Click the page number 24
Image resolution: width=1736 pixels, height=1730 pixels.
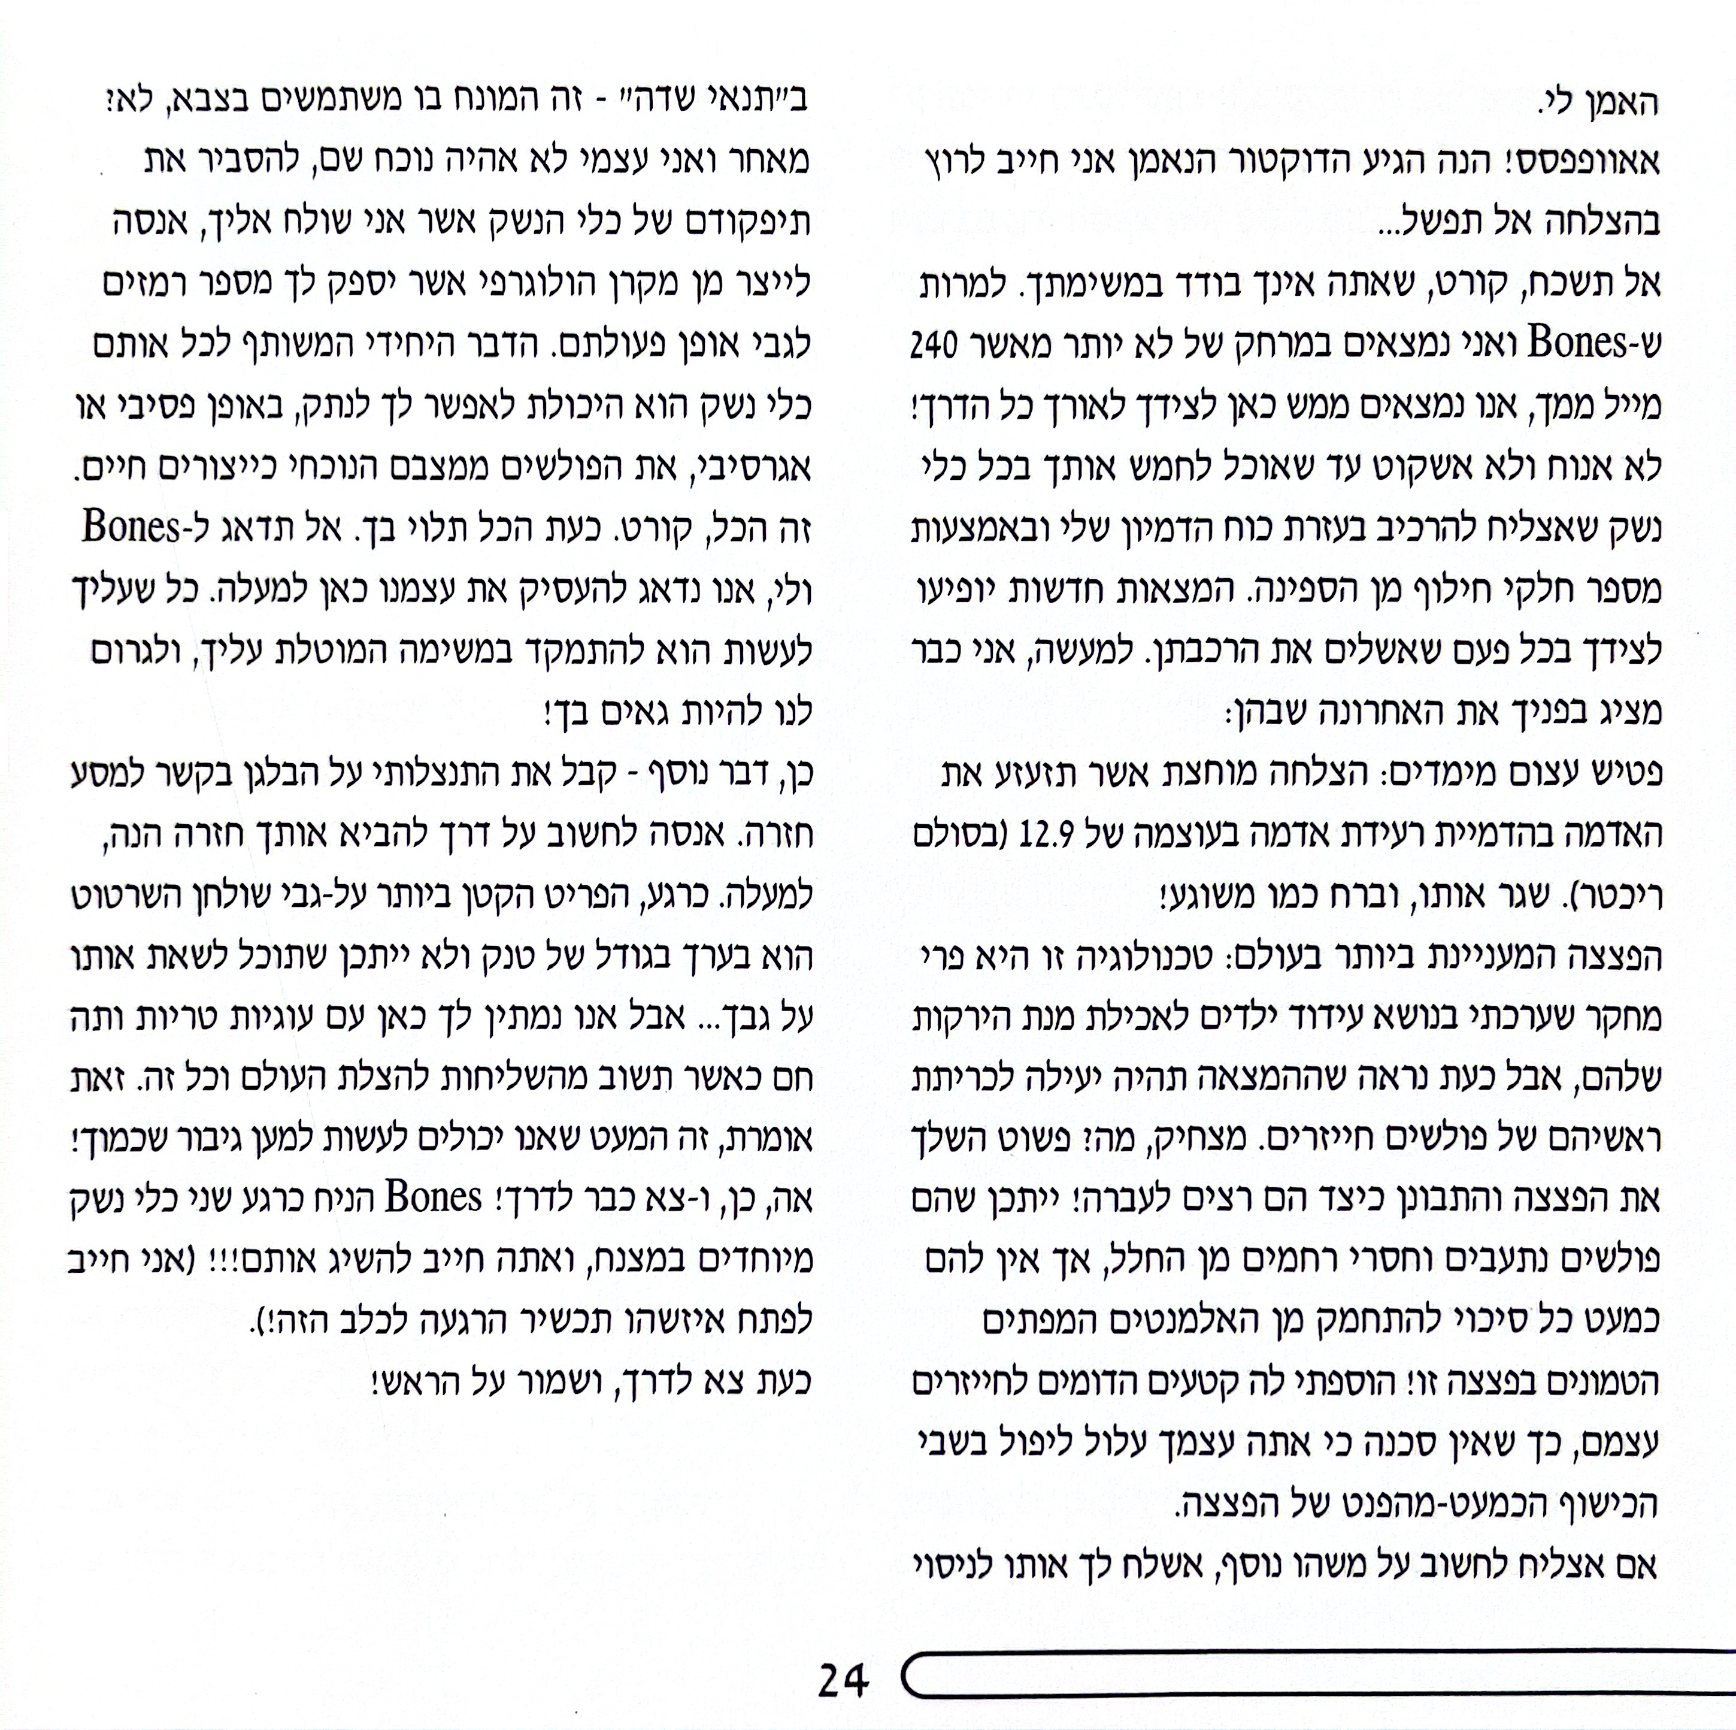[843, 1678]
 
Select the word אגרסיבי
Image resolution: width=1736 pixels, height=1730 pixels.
[750, 467]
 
